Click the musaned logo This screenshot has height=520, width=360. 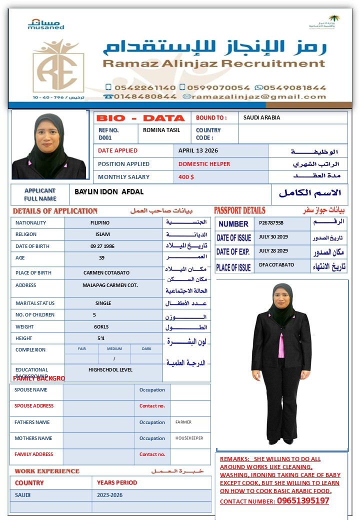pos(46,24)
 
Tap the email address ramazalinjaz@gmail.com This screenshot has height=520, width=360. pos(258,96)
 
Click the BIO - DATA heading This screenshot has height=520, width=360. pos(140,118)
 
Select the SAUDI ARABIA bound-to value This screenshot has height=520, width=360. pos(261,118)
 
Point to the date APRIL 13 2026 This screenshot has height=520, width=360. pos(198,150)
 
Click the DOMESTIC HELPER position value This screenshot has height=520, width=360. pos(204,164)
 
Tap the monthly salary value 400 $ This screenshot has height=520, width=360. pos(186,177)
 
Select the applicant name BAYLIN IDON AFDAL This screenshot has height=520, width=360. pos(109,192)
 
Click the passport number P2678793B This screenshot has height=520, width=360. pos(271,222)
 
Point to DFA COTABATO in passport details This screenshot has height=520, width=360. pos(276,265)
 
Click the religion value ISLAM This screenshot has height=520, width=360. pos(103,234)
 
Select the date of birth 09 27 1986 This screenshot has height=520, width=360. pos(102,246)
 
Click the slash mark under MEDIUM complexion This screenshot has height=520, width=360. pos(114,359)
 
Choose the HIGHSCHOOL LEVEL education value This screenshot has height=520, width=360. pos(110,370)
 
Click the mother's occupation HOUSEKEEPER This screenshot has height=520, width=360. pos(189,438)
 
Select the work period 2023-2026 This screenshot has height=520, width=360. pos(110,495)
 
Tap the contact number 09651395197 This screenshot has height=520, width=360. pos(303,501)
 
